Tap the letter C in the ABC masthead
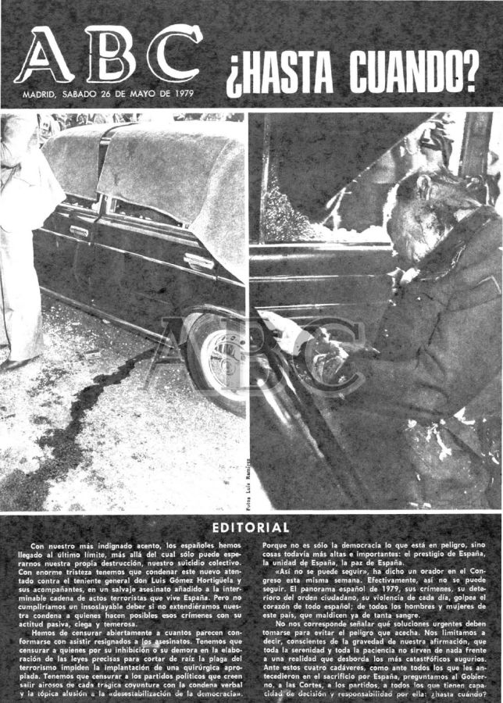point(174,55)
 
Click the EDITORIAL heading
point(251,528)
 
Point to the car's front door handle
point(199,261)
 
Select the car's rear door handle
point(79,230)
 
